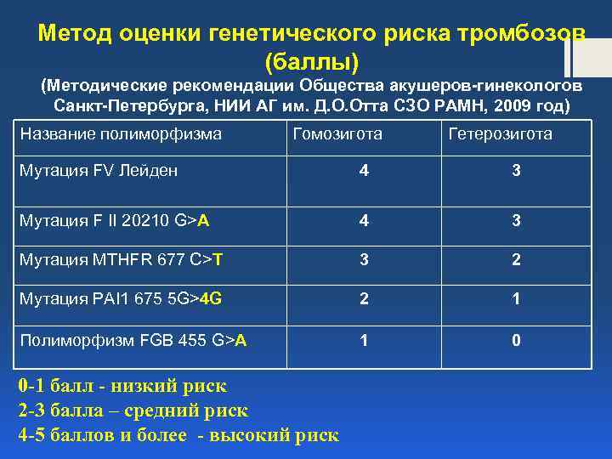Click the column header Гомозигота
pos(337,134)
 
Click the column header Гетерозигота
pos(499,134)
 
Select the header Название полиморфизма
pos(121,134)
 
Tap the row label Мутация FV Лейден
pos(99,171)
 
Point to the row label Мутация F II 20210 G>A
pos(115,221)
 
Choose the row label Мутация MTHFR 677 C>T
pos(121,259)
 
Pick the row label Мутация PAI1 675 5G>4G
pos(121,298)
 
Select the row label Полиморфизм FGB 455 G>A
pos(133,341)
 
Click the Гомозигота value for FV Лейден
pos(364,171)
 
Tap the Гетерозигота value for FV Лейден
pos(515,171)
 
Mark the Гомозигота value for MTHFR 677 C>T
pos(364,259)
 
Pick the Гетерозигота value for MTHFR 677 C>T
pos(515,259)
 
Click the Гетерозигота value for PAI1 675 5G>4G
pos(515,298)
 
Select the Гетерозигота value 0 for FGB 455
pos(515,341)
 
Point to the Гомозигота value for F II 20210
pos(364,221)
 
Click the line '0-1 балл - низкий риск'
pos(122,387)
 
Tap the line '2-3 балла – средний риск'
pos(133,411)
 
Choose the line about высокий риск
pos(178,435)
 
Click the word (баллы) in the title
pos(311,61)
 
